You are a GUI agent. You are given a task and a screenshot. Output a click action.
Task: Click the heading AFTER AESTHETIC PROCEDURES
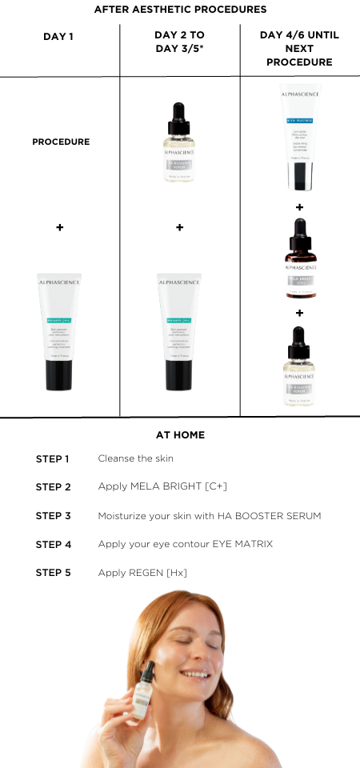(180, 10)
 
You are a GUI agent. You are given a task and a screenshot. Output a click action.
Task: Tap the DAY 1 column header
(59, 37)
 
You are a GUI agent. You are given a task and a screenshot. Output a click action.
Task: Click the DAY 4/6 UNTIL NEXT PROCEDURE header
(299, 49)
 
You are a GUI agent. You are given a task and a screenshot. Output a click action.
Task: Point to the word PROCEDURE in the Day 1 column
(61, 142)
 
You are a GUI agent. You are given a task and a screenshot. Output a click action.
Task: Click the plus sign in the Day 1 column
(59, 227)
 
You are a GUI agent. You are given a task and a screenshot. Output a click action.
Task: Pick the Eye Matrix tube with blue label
(299, 137)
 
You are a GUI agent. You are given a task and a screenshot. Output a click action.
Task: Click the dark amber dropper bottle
(299, 261)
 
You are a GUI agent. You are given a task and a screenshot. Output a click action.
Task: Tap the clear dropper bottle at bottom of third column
(299, 364)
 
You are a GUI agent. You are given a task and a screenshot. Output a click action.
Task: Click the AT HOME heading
(180, 435)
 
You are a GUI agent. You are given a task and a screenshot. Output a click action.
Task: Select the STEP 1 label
(53, 458)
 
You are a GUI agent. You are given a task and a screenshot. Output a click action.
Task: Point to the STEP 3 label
(53, 516)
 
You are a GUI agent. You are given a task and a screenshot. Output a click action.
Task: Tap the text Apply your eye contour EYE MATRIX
(185, 544)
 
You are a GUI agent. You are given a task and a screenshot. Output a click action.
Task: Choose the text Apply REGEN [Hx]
(142, 573)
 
